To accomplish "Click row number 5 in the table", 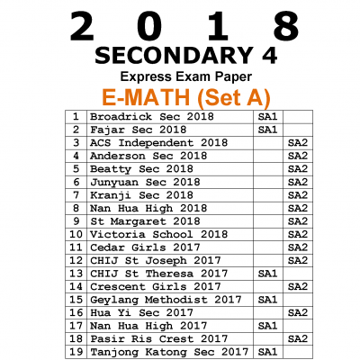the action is pos(76,168).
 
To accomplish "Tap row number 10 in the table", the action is pos(76,234).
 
